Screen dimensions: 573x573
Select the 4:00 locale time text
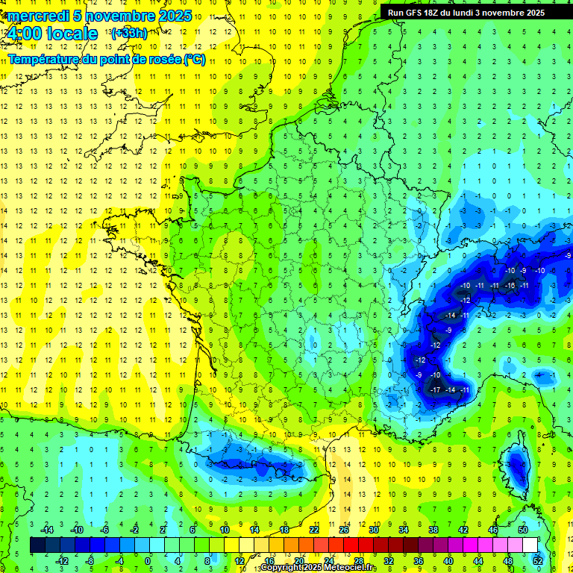coord(51,34)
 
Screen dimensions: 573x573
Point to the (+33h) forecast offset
coord(129,33)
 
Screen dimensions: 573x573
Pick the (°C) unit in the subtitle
coord(195,60)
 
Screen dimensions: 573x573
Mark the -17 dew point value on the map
coord(435,390)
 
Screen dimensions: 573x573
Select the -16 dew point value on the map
coord(510,286)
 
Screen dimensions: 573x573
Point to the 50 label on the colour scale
coord(523,530)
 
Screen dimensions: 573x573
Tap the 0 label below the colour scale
coord(148,561)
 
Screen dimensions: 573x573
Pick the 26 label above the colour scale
coord(344,530)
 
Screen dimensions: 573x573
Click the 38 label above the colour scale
coord(433,530)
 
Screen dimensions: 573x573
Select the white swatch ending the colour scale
coord(530,545)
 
